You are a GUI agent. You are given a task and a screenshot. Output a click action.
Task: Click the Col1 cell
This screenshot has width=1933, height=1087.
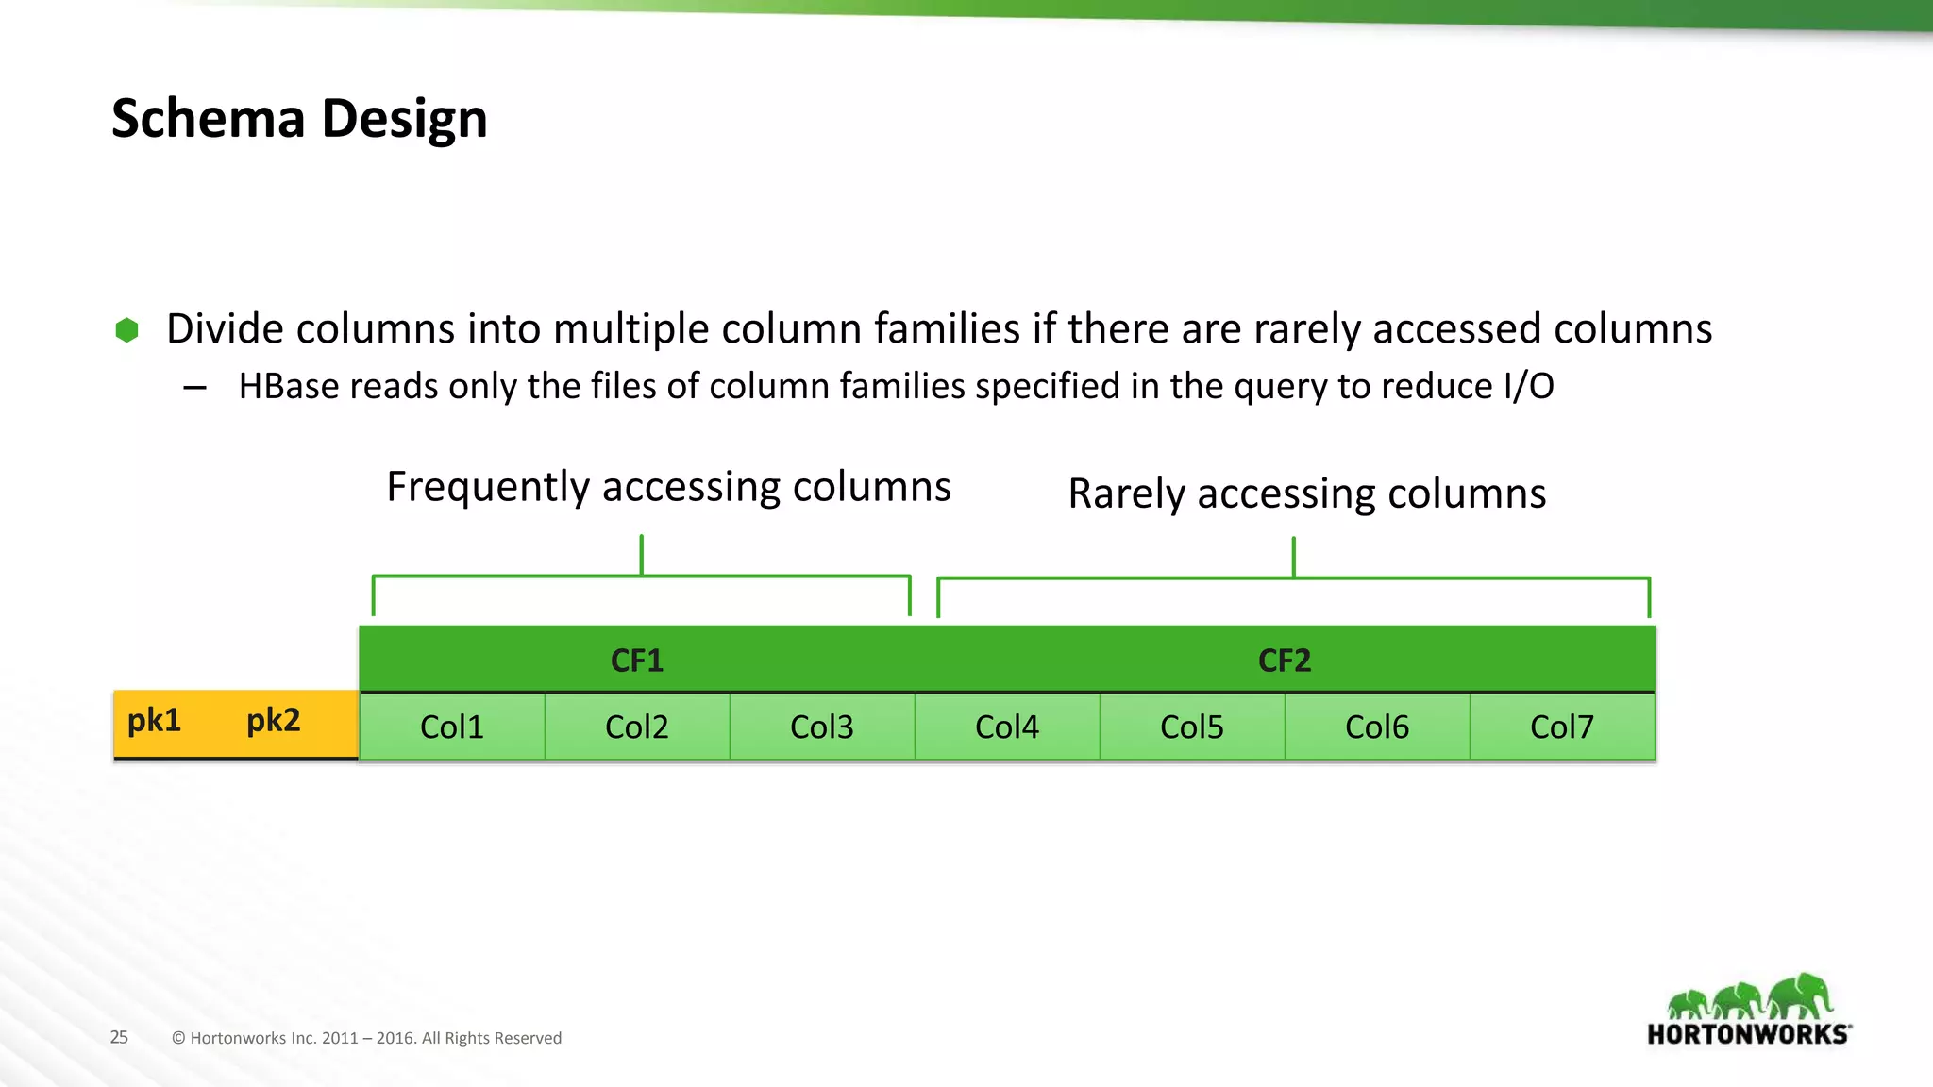[x=452, y=727]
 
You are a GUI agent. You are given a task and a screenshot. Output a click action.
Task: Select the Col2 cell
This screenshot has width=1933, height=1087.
[x=637, y=727]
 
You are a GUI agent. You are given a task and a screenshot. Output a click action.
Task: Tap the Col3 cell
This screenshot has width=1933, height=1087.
[x=822, y=727]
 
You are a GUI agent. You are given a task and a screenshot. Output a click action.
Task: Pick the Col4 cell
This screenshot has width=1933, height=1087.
[x=1007, y=727]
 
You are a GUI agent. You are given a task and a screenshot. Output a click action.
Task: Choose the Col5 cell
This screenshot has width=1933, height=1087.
[x=1192, y=727]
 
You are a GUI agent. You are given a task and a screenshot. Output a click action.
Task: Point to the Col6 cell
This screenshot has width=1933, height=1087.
[x=1377, y=727]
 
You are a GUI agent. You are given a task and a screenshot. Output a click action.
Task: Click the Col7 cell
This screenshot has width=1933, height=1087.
[x=1562, y=727]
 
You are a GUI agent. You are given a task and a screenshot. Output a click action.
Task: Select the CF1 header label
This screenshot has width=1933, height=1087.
[x=637, y=661]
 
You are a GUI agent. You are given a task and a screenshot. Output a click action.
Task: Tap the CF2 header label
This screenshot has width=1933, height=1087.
[x=1285, y=661]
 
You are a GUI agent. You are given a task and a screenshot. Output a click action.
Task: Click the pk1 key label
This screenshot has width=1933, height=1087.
[x=154, y=721]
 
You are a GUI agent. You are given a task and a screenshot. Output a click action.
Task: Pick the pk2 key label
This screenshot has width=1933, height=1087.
[x=273, y=721]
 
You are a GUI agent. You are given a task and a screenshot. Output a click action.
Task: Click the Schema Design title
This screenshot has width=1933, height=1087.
[x=299, y=119]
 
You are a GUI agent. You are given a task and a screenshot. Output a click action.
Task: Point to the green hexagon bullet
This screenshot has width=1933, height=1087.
[x=126, y=330]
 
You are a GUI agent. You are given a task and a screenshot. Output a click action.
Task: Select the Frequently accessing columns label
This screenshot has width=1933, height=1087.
[x=668, y=488]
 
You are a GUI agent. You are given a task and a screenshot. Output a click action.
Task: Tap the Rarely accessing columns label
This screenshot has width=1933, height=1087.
[x=1307, y=494]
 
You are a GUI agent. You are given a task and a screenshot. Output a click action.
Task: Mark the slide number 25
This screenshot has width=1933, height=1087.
[x=119, y=1037]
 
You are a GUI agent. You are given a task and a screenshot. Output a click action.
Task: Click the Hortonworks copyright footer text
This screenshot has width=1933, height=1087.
[x=366, y=1038]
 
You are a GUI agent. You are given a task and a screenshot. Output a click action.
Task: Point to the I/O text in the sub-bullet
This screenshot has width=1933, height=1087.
[x=1528, y=387]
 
